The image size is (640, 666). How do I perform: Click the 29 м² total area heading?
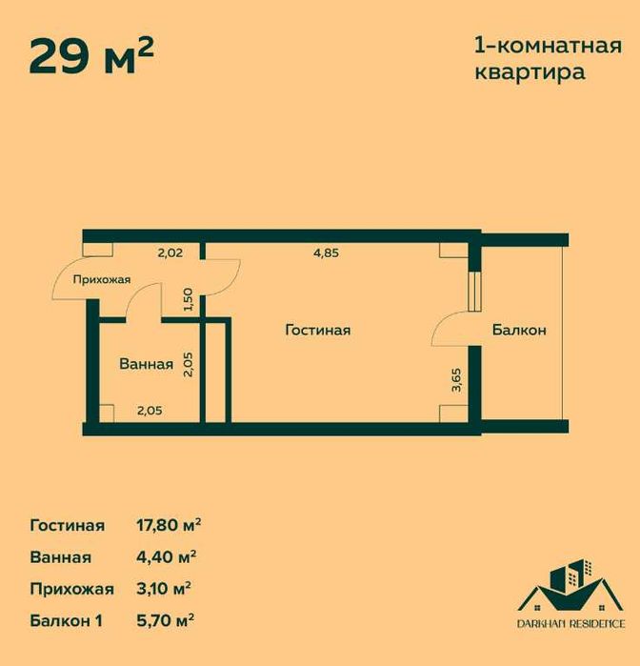(x=91, y=57)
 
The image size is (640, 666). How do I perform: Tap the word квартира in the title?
(x=530, y=71)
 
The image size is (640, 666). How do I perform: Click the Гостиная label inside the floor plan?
(x=318, y=330)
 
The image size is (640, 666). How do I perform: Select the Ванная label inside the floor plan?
(x=147, y=364)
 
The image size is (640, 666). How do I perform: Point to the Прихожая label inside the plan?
(x=102, y=279)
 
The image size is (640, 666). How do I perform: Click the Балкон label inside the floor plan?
(x=519, y=330)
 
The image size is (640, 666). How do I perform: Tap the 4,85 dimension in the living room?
(x=326, y=253)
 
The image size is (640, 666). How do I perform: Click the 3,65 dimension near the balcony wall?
(x=456, y=380)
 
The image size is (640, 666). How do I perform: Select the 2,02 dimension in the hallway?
(x=170, y=253)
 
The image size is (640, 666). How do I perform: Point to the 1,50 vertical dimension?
(x=189, y=300)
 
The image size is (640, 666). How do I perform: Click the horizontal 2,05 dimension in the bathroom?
(x=150, y=411)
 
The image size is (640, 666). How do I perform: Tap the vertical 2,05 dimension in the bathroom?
(x=189, y=364)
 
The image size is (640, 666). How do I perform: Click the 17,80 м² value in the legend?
(x=169, y=525)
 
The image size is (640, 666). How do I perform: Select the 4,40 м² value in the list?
(x=166, y=556)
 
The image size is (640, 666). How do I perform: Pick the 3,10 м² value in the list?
(x=164, y=589)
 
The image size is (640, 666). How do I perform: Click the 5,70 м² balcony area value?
(x=165, y=620)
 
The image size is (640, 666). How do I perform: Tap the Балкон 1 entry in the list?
(x=67, y=621)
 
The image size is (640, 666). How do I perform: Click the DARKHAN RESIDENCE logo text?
(x=570, y=623)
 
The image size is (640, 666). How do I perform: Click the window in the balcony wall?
(x=475, y=292)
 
